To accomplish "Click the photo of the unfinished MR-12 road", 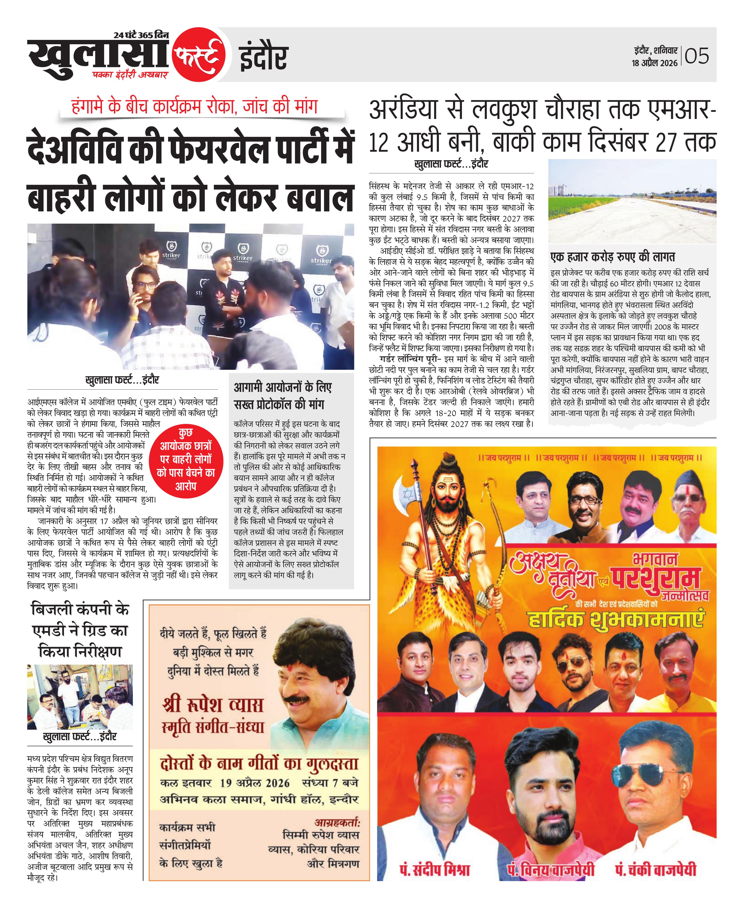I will (632, 201).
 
